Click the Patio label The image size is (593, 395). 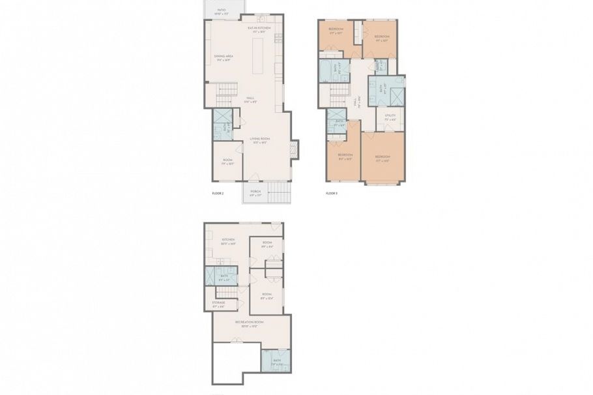click(x=222, y=10)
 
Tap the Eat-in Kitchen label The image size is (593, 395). click(x=259, y=29)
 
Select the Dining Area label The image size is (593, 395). click(x=224, y=57)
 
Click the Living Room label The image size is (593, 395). click(x=261, y=140)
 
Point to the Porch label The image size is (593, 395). click(x=255, y=192)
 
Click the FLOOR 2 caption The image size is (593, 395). click(x=218, y=194)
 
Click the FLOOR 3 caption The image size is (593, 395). click(x=331, y=194)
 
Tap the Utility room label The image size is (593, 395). click(x=390, y=117)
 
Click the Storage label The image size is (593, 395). click(x=218, y=304)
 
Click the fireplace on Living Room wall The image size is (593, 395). click(x=293, y=149)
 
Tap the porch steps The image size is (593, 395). click(x=279, y=192)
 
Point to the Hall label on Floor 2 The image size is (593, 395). click(x=250, y=100)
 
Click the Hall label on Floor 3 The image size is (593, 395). click(x=356, y=103)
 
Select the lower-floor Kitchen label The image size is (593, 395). click(x=227, y=241)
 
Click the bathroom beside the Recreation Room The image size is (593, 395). click(x=276, y=360)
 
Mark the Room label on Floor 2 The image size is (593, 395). click(x=227, y=161)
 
